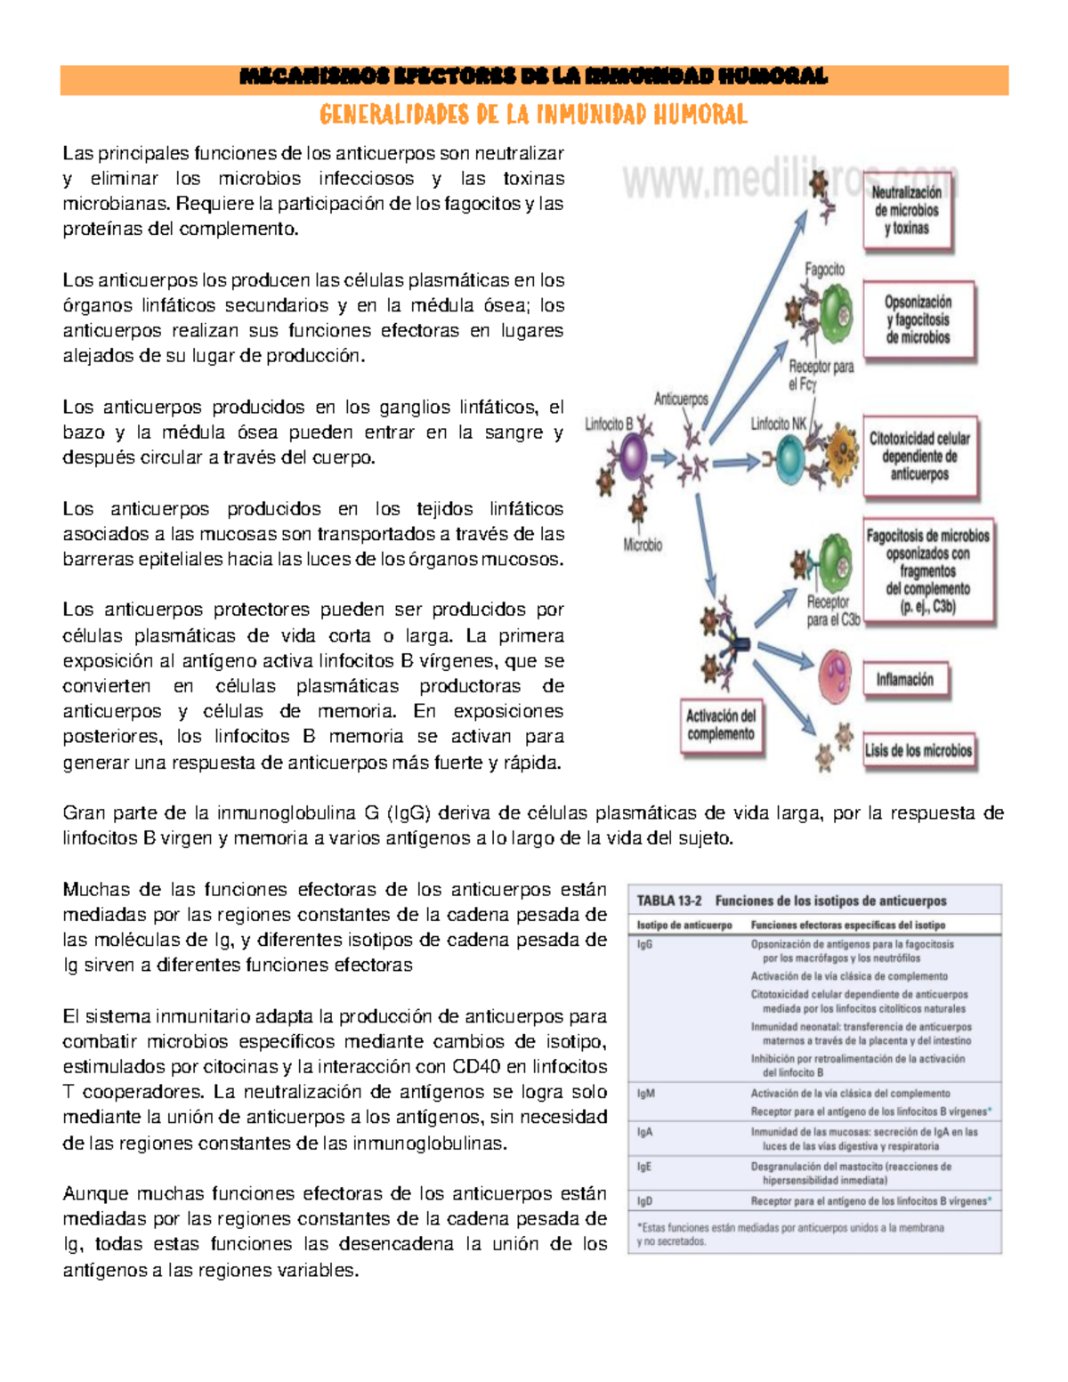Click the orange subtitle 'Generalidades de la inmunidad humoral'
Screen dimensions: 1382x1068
pos(533,115)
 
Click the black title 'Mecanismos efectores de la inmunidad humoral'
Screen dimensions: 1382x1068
pos(534,77)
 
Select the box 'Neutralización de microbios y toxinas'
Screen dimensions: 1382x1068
pos(906,211)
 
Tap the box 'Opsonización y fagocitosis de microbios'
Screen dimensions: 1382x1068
pos(918,320)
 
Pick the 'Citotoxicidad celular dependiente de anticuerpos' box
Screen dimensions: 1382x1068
pos(919,457)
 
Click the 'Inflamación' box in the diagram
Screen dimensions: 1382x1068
pos(904,680)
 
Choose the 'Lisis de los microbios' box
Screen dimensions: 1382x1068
pos(918,750)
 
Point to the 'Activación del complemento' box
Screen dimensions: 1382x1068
pos(721,725)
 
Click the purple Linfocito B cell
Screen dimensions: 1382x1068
pos(632,458)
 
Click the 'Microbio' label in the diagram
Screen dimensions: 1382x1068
pos(643,546)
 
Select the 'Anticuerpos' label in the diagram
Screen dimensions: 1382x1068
pos(681,400)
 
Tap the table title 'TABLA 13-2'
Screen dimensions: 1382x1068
pos(668,901)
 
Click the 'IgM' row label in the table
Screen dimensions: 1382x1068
pos(645,1094)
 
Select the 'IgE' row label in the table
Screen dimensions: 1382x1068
pos(644,1167)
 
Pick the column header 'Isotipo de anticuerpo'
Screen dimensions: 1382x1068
pos(684,925)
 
